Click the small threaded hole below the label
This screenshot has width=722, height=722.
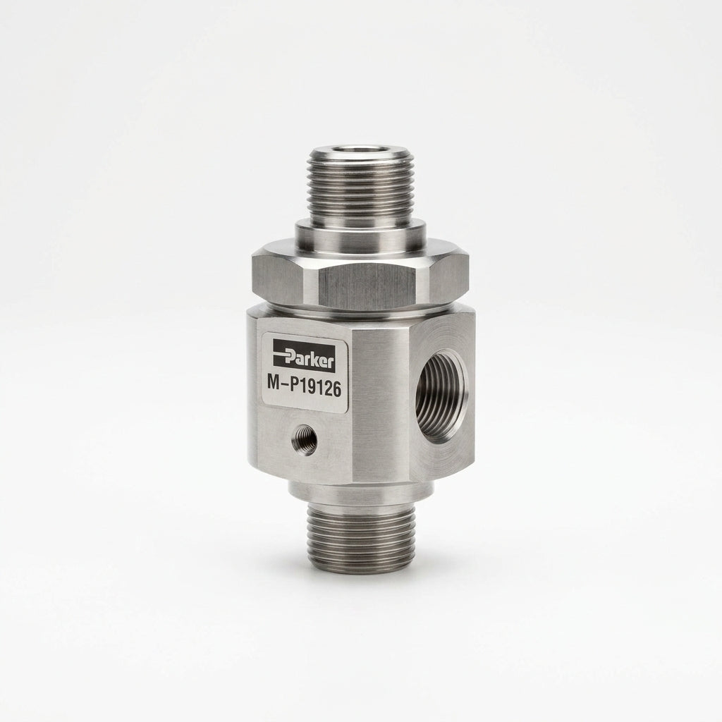coord(305,439)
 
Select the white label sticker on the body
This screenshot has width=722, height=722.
coord(304,371)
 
